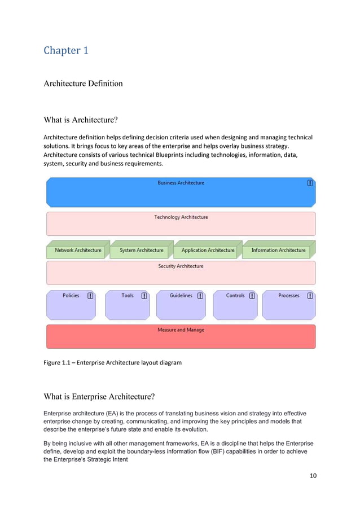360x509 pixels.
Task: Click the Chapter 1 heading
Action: click(x=66, y=50)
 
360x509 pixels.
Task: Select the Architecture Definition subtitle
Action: click(x=83, y=84)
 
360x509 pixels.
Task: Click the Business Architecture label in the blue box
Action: click(x=181, y=183)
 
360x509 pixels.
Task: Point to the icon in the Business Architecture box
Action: click(x=310, y=183)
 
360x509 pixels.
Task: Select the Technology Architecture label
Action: click(x=181, y=217)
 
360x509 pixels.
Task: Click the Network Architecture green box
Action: click(x=78, y=251)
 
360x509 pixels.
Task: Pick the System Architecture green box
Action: click(x=141, y=251)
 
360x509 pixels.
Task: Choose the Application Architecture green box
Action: click(x=208, y=251)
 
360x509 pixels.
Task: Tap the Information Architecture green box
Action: click(x=278, y=251)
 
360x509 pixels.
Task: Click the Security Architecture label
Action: click(x=181, y=266)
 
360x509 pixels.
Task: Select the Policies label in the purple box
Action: click(x=71, y=295)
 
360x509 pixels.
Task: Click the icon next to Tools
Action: click(x=144, y=295)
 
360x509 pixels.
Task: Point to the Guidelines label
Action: click(x=181, y=295)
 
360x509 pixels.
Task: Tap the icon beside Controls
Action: click(x=252, y=295)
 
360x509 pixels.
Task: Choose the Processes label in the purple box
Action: click(x=289, y=295)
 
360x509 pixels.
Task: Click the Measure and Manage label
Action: click(x=181, y=330)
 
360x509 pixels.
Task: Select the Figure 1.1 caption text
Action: click(x=112, y=362)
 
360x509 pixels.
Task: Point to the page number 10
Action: click(x=313, y=475)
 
